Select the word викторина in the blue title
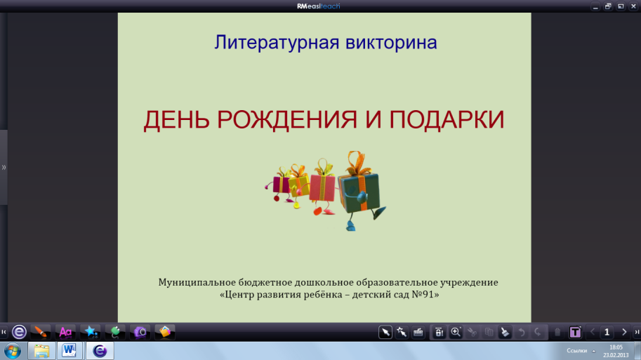[x=391, y=43]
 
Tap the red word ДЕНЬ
[x=176, y=120]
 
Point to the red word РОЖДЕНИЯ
[x=287, y=120]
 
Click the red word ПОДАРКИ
[x=447, y=120]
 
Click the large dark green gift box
[x=359, y=193]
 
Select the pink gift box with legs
[x=322, y=188]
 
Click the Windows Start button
[x=13, y=351]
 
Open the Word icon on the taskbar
[x=70, y=351]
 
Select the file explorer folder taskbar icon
[x=41, y=351]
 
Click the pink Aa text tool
[x=65, y=332]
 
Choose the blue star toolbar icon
[x=91, y=332]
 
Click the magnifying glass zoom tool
[x=456, y=332]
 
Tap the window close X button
[x=633, y=6]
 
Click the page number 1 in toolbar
[x=607, y=332]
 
